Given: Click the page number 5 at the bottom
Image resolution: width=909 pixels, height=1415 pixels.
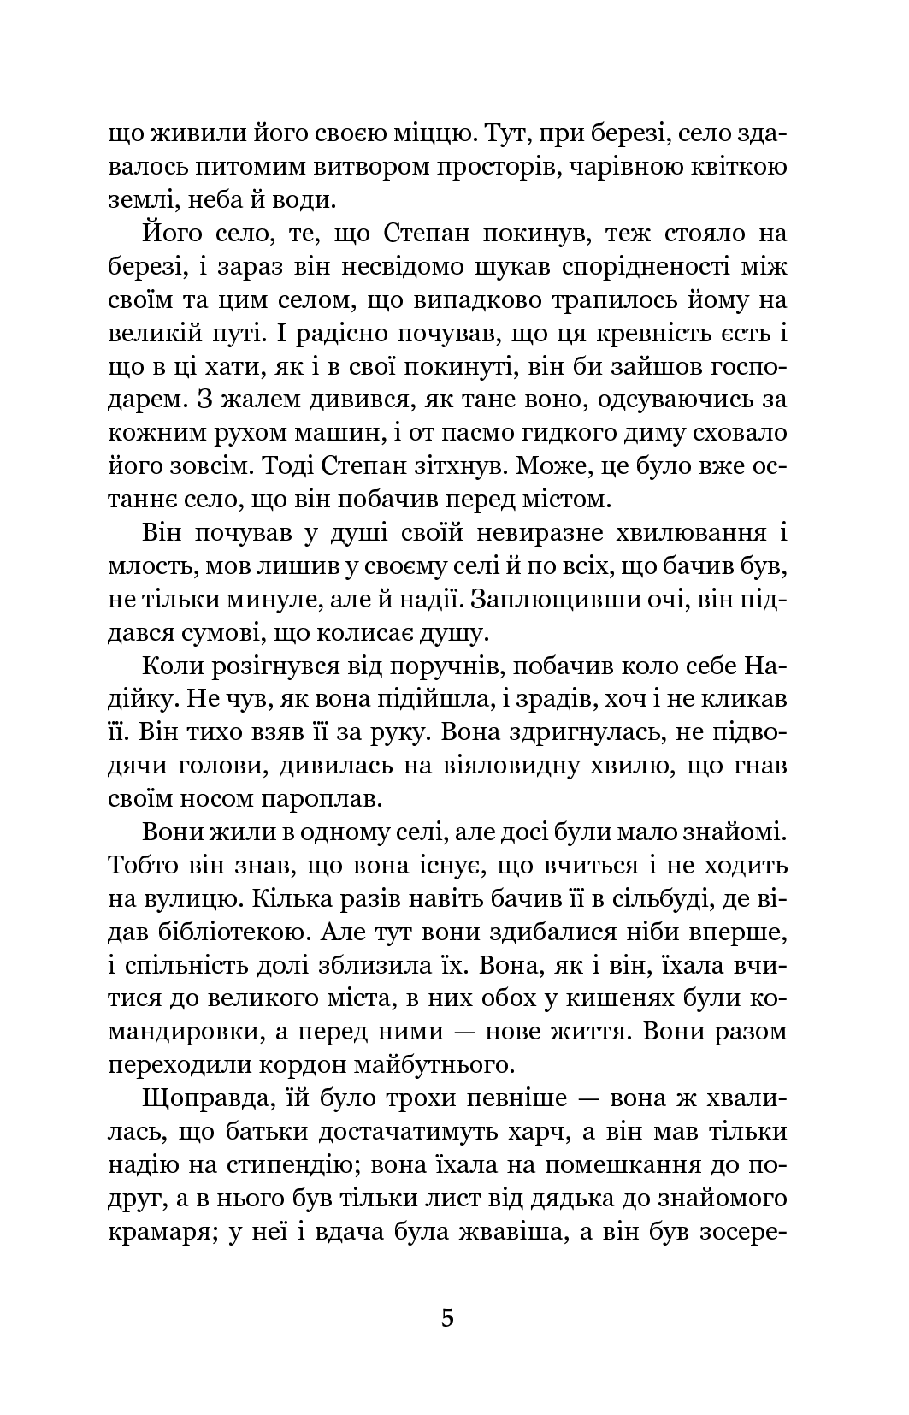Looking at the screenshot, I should pos(447,1317).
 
